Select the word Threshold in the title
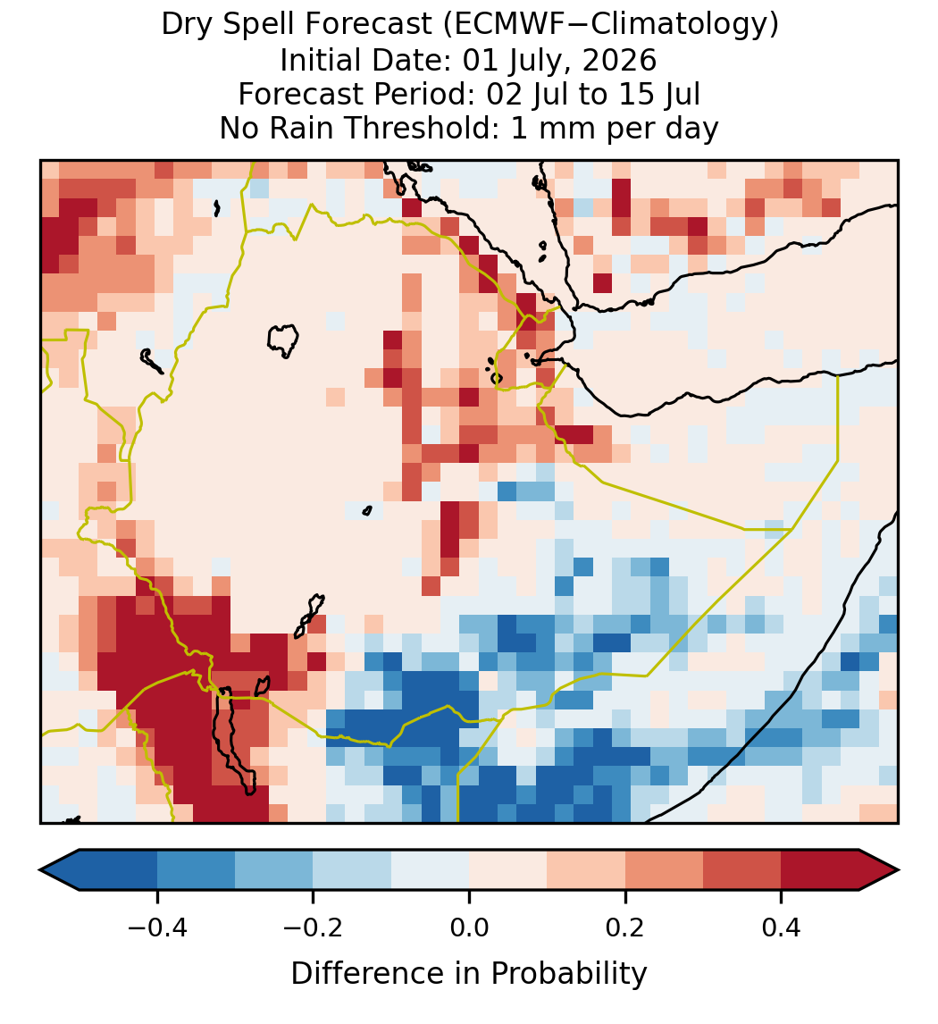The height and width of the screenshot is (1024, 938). click(x=425, y=128)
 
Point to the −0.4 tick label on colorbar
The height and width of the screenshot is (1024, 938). click(x=157, y=927)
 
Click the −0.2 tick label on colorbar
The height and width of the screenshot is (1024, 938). click(x=314, y=927)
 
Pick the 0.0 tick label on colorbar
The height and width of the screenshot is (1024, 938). click(x=469, y=927)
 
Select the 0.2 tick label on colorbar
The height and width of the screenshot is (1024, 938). click(x=625, y=927)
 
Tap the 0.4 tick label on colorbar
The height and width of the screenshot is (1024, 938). click(x=782, y=927)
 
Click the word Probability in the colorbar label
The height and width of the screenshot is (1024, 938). click(x=569, y=974)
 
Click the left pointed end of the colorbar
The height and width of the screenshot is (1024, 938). click(x=40, y=870)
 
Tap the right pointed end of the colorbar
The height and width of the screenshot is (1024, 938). click(x=899, y=870)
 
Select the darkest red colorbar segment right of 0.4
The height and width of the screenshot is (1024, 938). click(x=820, y=870)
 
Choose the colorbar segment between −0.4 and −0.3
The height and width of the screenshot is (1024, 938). click(x=196, y=870)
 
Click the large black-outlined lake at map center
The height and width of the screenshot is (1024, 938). click(x=283, y=340)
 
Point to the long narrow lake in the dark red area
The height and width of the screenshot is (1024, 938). click(x=232, y=742)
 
